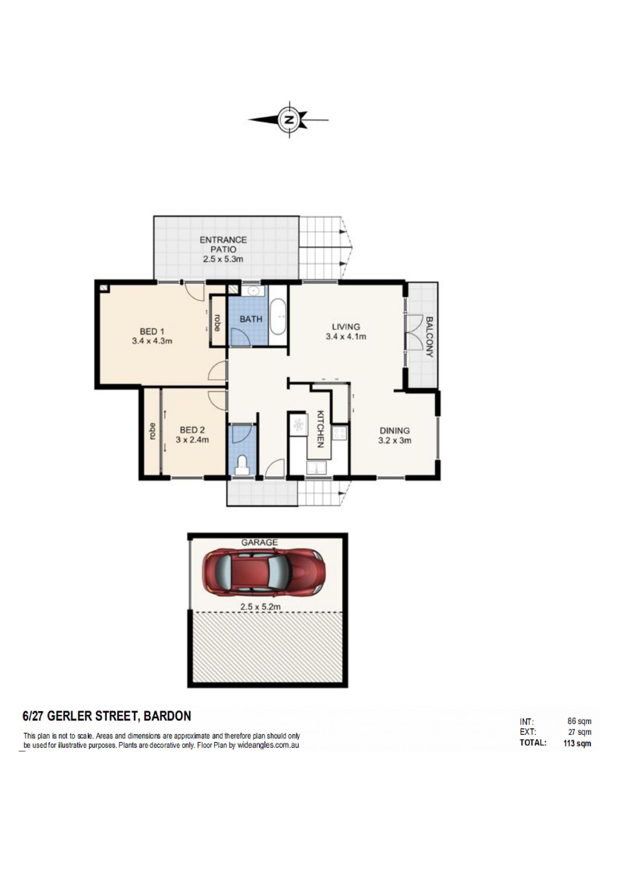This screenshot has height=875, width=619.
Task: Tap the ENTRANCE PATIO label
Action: click(x=223, y=245)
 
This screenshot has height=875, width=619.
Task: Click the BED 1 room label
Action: click(x=152, y=331)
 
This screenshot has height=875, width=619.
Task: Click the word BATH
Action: click(x=251, y=319)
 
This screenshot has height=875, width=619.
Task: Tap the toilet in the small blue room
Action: click(x=241, y=466)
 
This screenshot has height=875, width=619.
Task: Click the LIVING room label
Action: click(x=346, y=327)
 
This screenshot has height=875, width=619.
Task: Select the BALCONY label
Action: click(x=429, y=337)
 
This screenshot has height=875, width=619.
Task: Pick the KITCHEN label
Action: click(x=320, y=429)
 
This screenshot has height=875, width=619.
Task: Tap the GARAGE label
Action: click(x=259, y=542)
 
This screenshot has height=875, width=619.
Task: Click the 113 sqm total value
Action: click(x=577, y=743)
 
